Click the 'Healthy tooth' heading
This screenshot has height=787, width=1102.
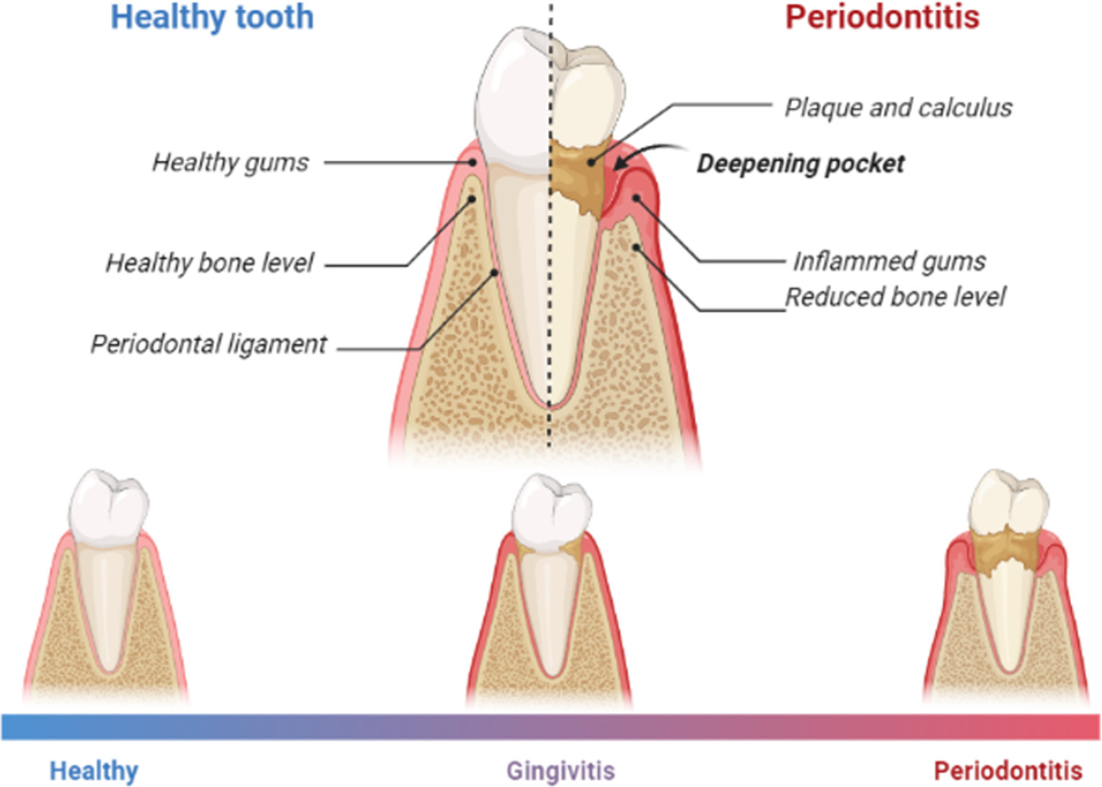point(212,17)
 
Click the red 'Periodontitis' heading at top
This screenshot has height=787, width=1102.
point(882,17)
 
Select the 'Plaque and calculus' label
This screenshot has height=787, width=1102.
point(898,108)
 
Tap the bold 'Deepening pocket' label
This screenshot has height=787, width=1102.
point(800,164)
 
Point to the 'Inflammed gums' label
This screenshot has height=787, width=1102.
point(889,262)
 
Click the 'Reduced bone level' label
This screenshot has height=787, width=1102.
point(895,297)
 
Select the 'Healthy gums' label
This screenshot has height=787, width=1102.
point(230,162)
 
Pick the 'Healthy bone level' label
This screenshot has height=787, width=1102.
point(210,263)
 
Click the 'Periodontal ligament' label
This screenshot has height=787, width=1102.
point(209,344)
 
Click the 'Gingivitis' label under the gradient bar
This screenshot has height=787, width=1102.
point(560,771)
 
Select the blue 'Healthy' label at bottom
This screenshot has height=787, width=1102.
point(94,771)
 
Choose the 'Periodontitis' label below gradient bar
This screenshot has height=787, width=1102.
point(1008,771)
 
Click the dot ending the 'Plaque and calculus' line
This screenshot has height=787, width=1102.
point(591,162)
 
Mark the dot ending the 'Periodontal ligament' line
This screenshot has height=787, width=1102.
point(495,273)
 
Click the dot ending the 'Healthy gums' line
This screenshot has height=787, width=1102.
point(473,162)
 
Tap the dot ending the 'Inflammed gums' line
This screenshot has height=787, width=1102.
point(637,199)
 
